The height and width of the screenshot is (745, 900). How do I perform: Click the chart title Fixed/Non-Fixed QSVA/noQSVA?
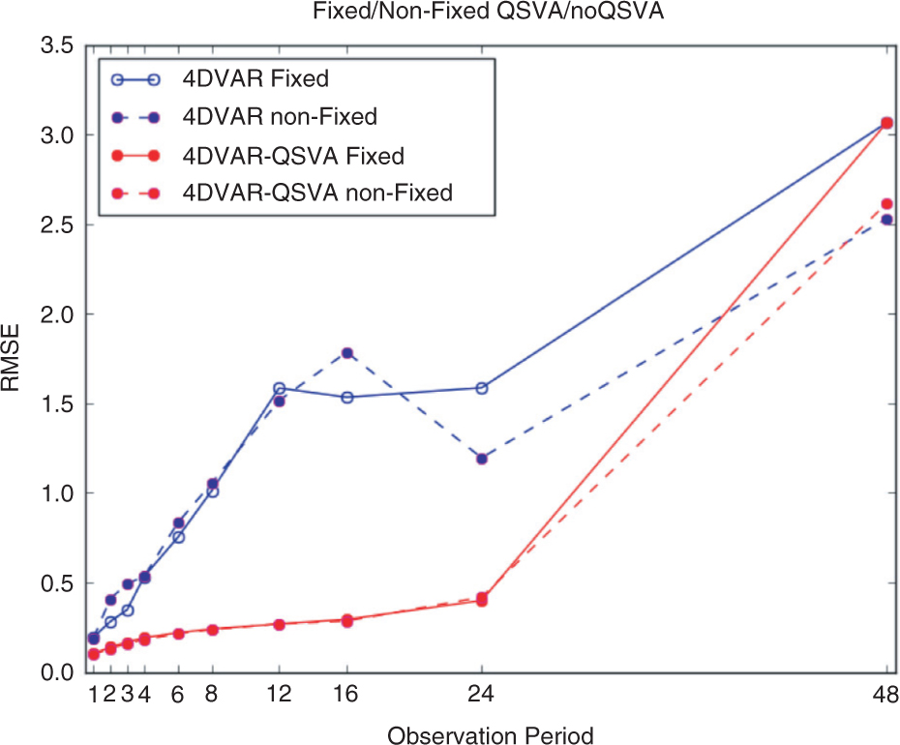(488, 11)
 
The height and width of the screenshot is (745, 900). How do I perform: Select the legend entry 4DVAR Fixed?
(255, 78)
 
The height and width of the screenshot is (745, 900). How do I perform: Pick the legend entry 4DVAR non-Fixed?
(280, 116)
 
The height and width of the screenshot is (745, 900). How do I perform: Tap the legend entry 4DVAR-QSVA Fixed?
(293, 156)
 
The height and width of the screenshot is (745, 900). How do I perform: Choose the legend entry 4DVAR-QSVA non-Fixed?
(317, 193)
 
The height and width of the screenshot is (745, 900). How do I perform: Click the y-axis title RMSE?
(11, 358)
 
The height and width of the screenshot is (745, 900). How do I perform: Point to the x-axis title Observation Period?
(491, 735)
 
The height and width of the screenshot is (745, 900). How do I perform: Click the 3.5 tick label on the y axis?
(57, 45)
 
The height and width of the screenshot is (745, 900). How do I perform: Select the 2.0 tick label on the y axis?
(57, 314)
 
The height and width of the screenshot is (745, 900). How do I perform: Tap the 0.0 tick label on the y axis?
(57, 672)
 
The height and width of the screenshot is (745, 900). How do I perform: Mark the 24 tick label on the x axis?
(481, 694)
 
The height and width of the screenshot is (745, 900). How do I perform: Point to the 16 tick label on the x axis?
(345, 694)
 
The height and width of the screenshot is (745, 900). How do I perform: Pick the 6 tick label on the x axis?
(178, 694)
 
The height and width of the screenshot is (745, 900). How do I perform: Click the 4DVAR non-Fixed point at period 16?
(347, 353)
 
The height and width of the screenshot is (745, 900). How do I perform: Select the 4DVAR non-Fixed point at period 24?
(482, 459)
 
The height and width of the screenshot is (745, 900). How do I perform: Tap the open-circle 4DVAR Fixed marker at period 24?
(482, 389)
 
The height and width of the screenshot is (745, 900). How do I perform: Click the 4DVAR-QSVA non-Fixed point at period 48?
(886, 204)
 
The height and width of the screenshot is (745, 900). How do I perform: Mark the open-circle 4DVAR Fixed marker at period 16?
(347, 398)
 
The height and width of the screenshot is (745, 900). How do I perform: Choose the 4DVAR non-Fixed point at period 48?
(886, 220)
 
